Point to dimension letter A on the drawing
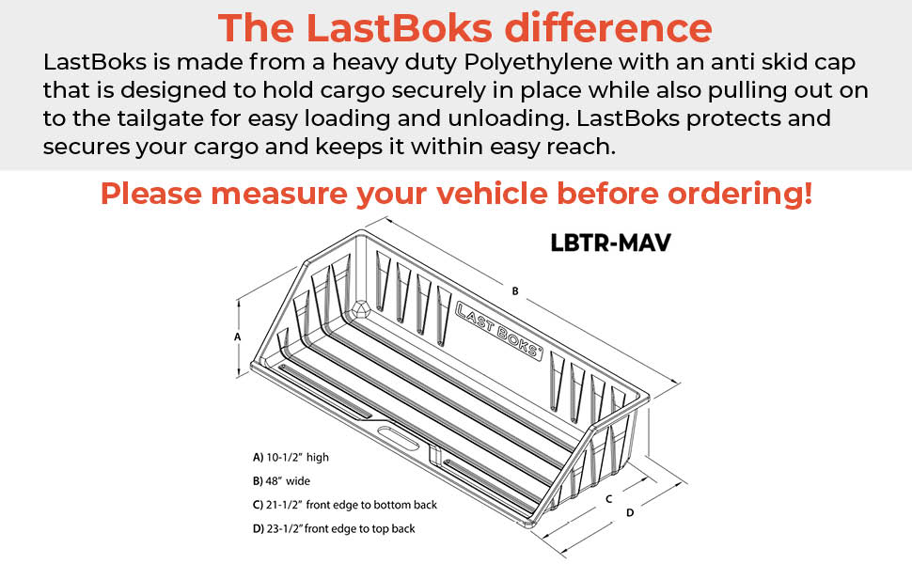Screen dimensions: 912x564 click(238, 336)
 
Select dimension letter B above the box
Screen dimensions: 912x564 click(515, 291)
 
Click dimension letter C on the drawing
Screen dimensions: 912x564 click(609, 498)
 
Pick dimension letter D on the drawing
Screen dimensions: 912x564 click(630, 512)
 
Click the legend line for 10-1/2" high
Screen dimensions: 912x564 click(291, 458)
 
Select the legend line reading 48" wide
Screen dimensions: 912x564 click(281, 481)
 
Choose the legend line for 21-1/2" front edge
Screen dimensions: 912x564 click(345, 505)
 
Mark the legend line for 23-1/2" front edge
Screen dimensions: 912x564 click(334, 528)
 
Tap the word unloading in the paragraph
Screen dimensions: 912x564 click(502, 120)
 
